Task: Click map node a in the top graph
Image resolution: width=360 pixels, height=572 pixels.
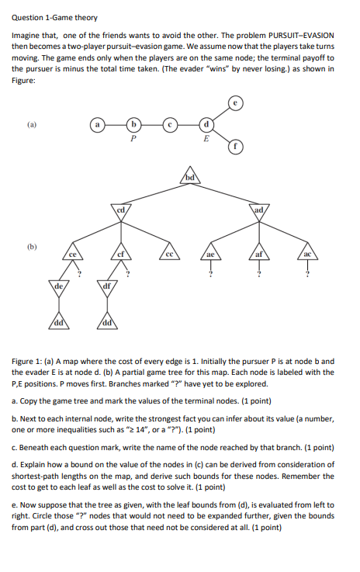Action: (97, 124)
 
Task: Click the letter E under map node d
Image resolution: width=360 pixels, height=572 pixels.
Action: (206, 140)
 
